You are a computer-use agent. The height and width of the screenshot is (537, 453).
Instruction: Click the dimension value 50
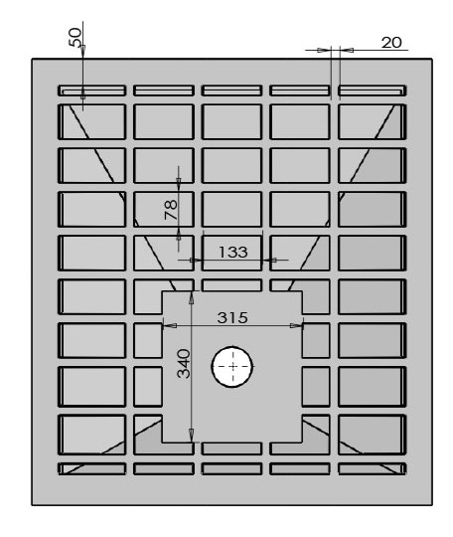click(x=75, y=37)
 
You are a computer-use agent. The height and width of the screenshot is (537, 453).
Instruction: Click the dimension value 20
click(x=391, y=43)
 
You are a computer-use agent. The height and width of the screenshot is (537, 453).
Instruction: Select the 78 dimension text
click(x=171, y=210)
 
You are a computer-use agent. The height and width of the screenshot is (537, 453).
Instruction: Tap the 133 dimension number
click(x=232, y=252)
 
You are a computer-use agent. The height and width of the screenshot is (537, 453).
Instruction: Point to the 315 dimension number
click(x=232, y=317)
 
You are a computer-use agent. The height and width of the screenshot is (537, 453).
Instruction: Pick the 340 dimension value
click(x=184, y=363)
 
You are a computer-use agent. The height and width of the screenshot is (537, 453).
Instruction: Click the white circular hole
click(x=232, y=366)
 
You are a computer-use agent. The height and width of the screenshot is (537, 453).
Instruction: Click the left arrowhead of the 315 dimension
click(x=170, y=325)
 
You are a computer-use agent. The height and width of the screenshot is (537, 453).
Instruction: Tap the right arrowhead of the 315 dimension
click(x=296, y=325)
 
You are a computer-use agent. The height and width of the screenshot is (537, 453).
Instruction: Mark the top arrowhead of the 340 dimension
click(x=192, y=297)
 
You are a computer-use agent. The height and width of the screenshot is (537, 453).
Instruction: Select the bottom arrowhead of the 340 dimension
click(x=192, y=436)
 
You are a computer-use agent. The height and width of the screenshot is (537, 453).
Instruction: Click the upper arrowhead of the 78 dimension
click(x=178, y=182)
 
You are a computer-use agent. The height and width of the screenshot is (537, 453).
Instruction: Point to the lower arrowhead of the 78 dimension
click(x=178, y=236)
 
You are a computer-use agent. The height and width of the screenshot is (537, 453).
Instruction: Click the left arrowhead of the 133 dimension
click(x=196, y=260)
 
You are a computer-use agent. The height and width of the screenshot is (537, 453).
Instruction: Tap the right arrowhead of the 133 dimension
click(x=269, y=260)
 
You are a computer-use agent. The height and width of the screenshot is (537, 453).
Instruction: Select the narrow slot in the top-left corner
click(x=91, y=90)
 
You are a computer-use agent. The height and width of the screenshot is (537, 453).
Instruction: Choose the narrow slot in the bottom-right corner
click(x=373, y=468)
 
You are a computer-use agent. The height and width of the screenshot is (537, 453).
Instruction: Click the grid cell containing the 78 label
click(x=164, y=209)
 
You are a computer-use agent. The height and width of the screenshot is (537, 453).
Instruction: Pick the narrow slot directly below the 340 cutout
click(x=231, y=448)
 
